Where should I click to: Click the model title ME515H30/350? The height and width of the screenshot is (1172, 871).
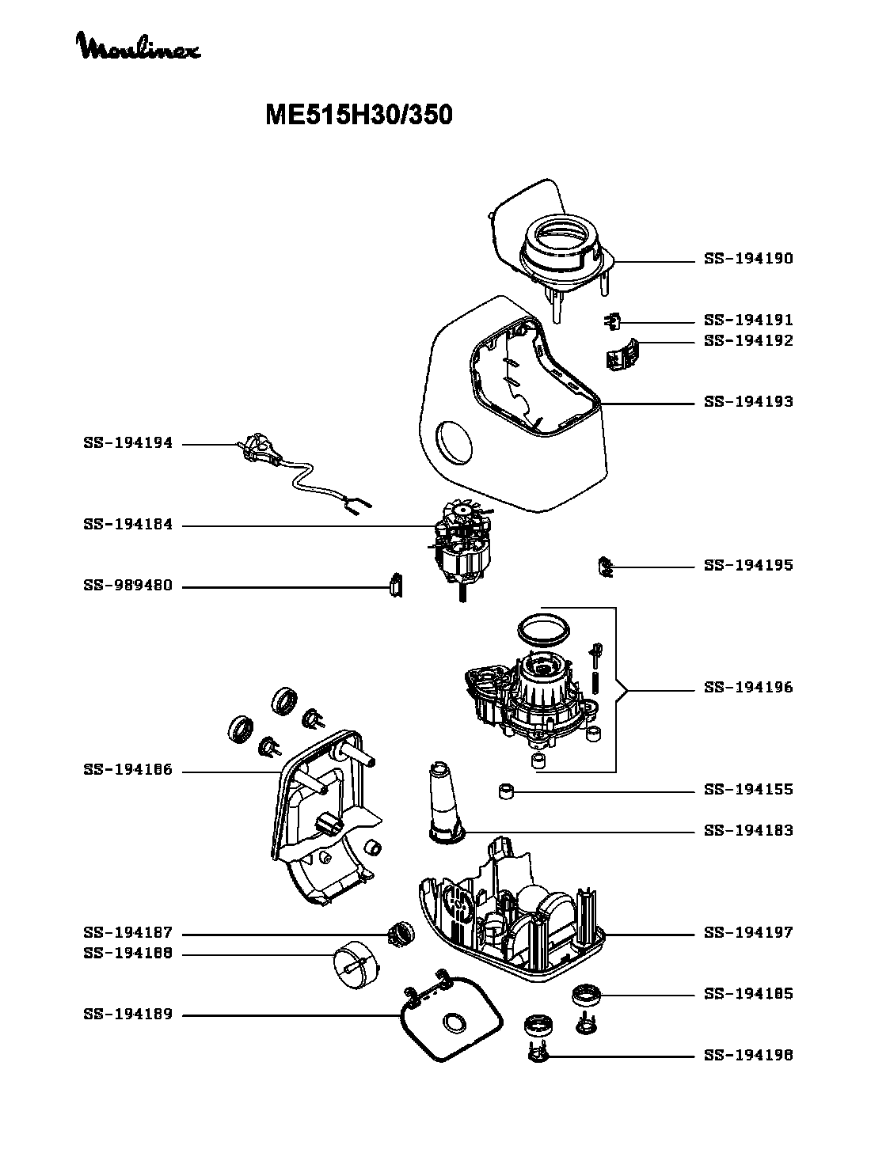coord(359,116)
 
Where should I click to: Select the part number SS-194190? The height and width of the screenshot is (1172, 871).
coord(748,259)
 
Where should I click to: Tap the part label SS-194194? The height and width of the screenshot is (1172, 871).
coord(127,444)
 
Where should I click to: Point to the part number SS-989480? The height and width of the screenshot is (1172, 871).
coord(127,586)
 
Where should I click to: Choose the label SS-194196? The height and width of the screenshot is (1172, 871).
coord(748,687)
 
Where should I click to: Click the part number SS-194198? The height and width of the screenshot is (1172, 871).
coord(748,1055)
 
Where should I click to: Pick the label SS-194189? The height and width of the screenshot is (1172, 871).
coord(127,1015)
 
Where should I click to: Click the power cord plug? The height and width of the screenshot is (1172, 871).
coord(258,449)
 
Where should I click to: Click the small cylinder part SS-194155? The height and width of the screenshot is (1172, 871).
coord(508,791)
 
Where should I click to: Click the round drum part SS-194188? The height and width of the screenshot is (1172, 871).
coord(355,963)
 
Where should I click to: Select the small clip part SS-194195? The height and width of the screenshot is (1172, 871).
coord(607,567)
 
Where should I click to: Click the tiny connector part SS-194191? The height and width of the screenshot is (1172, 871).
coord(611,320)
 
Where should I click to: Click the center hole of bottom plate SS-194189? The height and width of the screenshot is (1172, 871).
coord(455,1022)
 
